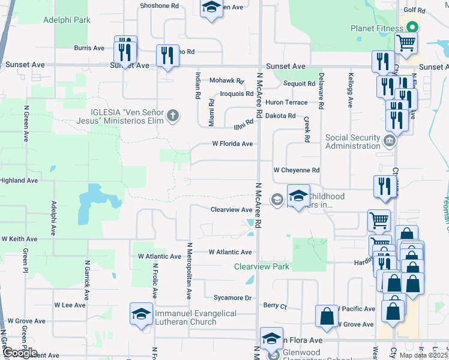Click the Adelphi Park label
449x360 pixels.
67,20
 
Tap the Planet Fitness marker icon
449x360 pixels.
412,28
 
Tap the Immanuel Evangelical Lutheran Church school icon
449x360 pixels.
141,314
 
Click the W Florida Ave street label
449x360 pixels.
232,144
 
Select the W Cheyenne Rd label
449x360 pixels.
297,170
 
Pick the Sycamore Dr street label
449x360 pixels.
232,298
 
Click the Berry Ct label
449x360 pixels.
275,305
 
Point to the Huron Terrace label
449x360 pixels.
286,103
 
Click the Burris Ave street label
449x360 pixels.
89,48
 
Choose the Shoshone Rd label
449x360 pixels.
159,5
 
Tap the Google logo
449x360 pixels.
20,353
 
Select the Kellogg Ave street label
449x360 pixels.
351,91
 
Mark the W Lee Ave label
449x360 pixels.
70,305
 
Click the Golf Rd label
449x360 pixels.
430,10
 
